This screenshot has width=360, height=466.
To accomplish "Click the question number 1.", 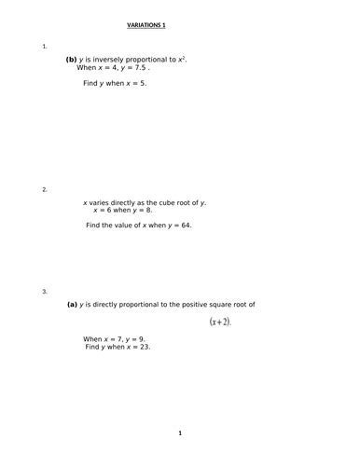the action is (x=45, y=46).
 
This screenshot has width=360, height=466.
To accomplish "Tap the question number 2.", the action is (x=45, y=189).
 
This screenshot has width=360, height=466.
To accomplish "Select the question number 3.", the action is (x=45, y=292).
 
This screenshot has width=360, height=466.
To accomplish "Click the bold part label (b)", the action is (x=71, y=60).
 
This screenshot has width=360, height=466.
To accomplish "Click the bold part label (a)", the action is (x=71, y=304).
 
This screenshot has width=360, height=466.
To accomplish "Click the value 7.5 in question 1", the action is (x=137, y=68).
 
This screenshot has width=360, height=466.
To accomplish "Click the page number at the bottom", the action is (x=180, y=433).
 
